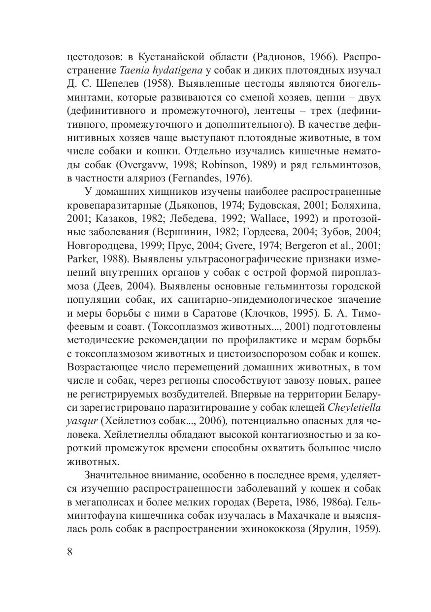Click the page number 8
tap(69, 551)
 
